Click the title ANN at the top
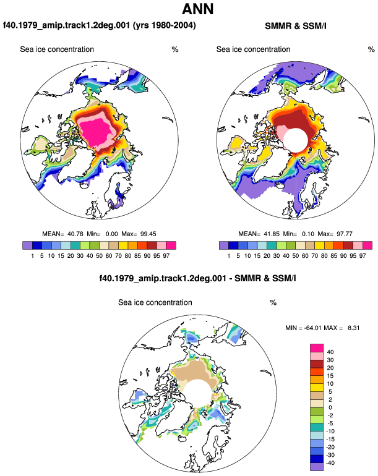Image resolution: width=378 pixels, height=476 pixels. click(198, 9)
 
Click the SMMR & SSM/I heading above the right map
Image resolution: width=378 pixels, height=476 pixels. click(295, 26)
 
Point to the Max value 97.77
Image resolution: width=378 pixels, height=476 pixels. click(345, 234)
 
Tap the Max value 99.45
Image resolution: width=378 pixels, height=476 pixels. click(148, 234)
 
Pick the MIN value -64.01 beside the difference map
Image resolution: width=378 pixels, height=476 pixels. click(312, 328)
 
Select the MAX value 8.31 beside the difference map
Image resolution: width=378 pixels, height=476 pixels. click(354, 328)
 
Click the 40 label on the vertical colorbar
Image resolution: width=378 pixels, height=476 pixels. click(330, 352)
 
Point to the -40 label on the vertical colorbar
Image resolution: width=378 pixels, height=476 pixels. click(330, 463)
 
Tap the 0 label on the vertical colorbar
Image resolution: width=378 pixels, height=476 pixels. click(330, 407)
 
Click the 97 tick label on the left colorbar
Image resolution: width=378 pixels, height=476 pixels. click(166, 256)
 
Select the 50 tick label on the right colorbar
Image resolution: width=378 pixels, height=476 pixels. click(295, 256)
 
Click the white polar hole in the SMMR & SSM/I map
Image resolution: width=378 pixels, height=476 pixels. click(296, 140)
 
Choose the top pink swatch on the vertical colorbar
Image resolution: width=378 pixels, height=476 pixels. click(317, 348)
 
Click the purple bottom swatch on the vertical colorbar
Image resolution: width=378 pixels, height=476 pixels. click(317, 467)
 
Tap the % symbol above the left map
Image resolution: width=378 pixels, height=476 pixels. click(175, 49)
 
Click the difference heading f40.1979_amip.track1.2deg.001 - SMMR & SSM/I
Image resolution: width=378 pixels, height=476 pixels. click(197, 278)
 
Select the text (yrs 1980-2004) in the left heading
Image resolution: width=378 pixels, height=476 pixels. click(165, 25)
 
